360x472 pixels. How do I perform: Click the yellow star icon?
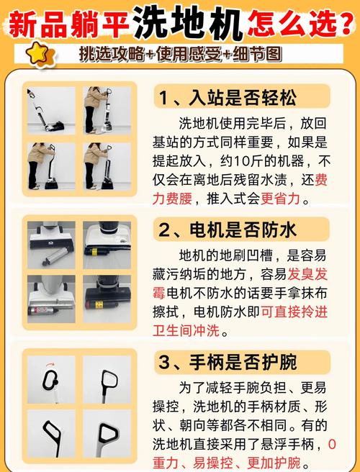pyautogui.click(x=40, y=54)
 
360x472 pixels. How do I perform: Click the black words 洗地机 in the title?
pyautogui.click(x=188, y=22)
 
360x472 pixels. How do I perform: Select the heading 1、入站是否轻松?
pyautogui.click(x=228, y=98)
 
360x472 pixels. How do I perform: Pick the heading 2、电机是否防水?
pyautogui.click(x=228, y=230)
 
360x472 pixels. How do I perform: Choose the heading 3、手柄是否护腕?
pyautogui.click(x=228, y=363)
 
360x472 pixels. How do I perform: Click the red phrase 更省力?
pyautogui.click(x=280, y=199)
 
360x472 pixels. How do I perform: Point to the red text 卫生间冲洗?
pyautogui.click(x=186, y=331)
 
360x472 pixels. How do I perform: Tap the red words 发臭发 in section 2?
pyautogui.click(x=307, y=275)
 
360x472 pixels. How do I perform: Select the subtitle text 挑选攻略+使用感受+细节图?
pyautogui.click(x=181, y=55)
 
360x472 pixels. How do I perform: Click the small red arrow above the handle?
pyautogui.click(x=50, y=365)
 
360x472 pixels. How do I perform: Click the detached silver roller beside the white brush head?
pyautogui.click(x=54, y=256)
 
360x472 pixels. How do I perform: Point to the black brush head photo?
pyautogui.click(x=107, y=299)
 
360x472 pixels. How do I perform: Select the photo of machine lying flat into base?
pyautogui.click(x=51, y=110)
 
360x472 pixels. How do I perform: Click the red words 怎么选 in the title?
pyautogui.click(x=292, y=22)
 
